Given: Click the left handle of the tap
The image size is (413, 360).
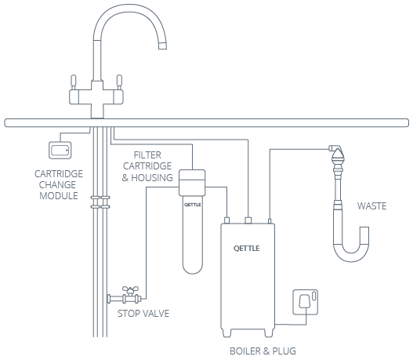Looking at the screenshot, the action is point(74,82).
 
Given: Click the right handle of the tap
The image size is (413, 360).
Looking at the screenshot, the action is point(119,82).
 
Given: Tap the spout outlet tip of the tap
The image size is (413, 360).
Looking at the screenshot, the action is point(162,45).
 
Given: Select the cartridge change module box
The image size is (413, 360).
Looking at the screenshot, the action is point(60,151).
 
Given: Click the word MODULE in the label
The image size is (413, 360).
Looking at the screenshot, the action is point(59,196).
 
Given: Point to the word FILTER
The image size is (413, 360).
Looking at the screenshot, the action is point(147,155).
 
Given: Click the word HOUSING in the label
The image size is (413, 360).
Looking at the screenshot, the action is point(152,177).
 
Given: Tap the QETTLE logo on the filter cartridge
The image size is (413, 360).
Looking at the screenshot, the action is point(193,205).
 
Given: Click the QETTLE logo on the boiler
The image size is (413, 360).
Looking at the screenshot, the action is point(247,249).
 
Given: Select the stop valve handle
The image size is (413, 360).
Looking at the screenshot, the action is point(130,289).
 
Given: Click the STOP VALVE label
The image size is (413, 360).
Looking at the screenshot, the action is point(143,314).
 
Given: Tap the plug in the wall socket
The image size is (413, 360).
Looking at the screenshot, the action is point(304,301).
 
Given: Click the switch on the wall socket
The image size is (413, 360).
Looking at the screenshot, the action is point(313,296).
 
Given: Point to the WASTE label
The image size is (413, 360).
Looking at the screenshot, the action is point(371,205).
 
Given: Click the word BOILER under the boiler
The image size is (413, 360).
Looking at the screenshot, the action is point(246,351).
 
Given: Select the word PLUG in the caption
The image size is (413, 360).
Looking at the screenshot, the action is point(284,351).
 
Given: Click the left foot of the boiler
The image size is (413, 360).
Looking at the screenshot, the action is point(226,333).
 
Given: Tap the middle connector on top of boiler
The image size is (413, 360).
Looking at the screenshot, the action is point(248,220).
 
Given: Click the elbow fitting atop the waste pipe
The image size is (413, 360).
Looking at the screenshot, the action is point(335,148).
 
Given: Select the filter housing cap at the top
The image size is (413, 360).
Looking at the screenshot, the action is point(192,175).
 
